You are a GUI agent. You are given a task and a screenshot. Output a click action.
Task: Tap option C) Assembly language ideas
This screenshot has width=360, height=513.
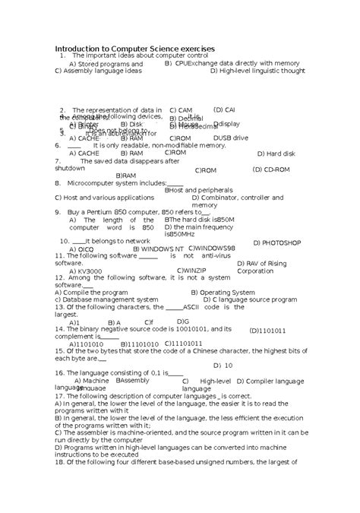coord(98,71)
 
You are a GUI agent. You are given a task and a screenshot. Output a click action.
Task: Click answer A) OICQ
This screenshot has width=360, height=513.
coord(81,249)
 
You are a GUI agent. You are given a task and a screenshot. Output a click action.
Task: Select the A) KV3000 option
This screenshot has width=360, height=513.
coord(85,271)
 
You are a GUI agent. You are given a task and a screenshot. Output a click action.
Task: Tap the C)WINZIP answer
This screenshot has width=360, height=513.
coord(191,270)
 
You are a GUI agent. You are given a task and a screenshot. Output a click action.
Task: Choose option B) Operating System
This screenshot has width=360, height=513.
coord(223,292)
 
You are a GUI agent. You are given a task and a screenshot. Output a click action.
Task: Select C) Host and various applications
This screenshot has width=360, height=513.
coord(104,198)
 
